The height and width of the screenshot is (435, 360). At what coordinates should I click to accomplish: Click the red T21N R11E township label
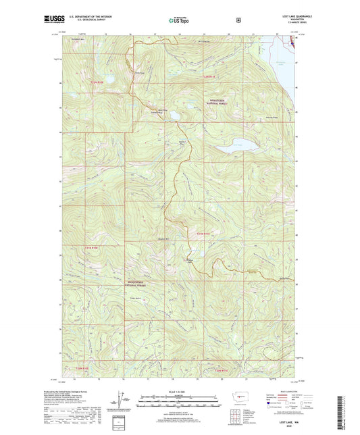[204, 233]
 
